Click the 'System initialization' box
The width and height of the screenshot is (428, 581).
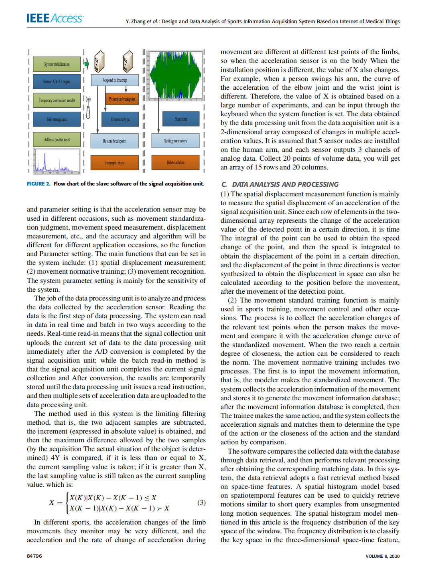coord(57,64)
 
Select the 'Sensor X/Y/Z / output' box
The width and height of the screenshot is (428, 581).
coord(57,82)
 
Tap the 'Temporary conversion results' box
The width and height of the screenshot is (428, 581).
coord(57,101)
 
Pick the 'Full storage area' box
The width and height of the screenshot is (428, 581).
coord(57,119)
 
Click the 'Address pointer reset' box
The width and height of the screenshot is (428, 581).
coord(57,139)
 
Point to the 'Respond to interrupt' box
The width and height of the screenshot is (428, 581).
coord(115,80)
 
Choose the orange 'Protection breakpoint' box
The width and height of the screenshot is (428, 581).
coord(122,99)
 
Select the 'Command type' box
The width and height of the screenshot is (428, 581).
coord(120,119)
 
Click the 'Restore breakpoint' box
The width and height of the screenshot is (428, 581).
coord(114,141)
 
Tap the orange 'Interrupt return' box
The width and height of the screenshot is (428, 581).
coord(114,163)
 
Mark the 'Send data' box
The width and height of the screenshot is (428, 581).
coord(181,119)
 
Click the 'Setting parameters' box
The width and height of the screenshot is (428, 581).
coord(175,141)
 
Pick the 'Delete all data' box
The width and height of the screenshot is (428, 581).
coord(175,162)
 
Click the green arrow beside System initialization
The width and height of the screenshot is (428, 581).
coord(87,63)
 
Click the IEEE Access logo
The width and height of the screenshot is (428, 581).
coord(55,18)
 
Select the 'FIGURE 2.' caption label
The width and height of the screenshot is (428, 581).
coord(39,184)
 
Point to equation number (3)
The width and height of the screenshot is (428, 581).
coord(201,502)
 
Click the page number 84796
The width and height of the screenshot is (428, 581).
coord(34,556)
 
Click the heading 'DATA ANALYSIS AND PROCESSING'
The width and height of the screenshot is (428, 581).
coord(285,184)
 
